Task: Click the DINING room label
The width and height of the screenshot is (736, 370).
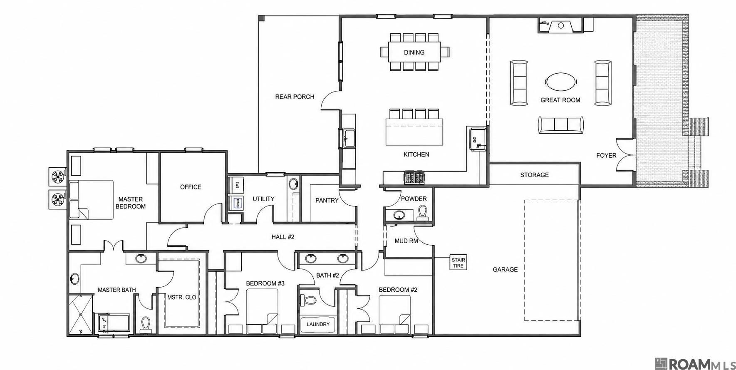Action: click(x=414, y=52)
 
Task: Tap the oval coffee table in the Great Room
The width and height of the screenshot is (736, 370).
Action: click(x=561, y=82)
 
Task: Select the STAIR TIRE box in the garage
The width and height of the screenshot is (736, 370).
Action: click(x=458, y=263)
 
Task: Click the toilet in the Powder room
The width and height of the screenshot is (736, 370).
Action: click(x=423, y=212)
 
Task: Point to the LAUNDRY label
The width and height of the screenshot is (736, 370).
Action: click(x=318, y=324)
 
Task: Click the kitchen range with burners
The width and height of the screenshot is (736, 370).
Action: click(x=414, y=178)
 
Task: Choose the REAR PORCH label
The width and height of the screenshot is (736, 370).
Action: click(x=295, y=97)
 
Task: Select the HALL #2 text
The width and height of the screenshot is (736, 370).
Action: click(x=283, y=237)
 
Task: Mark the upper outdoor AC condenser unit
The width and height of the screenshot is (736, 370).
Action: click(x=57, y=175)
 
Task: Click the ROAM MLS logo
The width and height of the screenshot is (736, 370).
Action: click(x=695, y=363)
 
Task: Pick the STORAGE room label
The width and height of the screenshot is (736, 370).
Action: click(x=534, y=175)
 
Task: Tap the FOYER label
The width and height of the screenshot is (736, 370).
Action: click(x=606, y=155)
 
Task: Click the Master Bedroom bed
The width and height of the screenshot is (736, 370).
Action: click(x=92, y=200)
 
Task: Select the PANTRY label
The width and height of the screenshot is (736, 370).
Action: click(x=327, y=200)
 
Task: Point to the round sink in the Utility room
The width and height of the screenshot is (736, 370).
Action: click(x=294, y=184)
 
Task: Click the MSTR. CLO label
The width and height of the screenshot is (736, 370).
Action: click(x=181, y=297)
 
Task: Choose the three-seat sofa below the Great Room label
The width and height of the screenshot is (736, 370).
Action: click(x=561, y=124)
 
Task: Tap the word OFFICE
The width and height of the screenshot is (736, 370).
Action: click(x=191, y=187)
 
